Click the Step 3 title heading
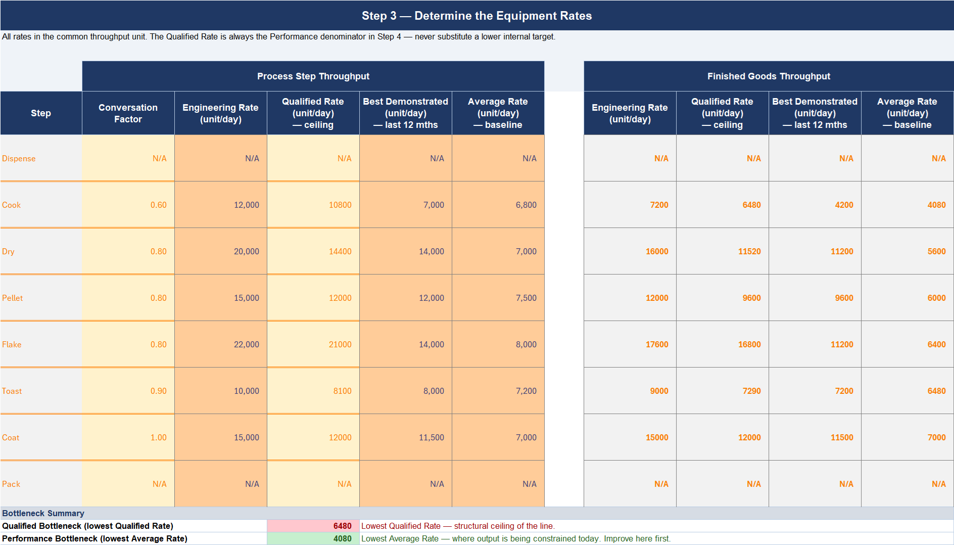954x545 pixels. pyautogui.click(x=476, y=16)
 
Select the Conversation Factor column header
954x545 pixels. pyautogui.click(x=128, y=113)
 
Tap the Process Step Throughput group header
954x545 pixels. pyautogui.click(x=313, y=76)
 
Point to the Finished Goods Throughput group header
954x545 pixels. pyautogui.click(x=769, y=76)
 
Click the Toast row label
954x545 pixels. pyautogui.click(x=12, y=391)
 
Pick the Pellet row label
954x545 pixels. pyautogui.click(x=13, y=298)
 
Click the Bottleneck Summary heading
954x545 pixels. pyautogui.click(x=43, y=513)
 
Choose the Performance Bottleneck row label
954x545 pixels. pyautogui.click(x=94, y=538)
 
